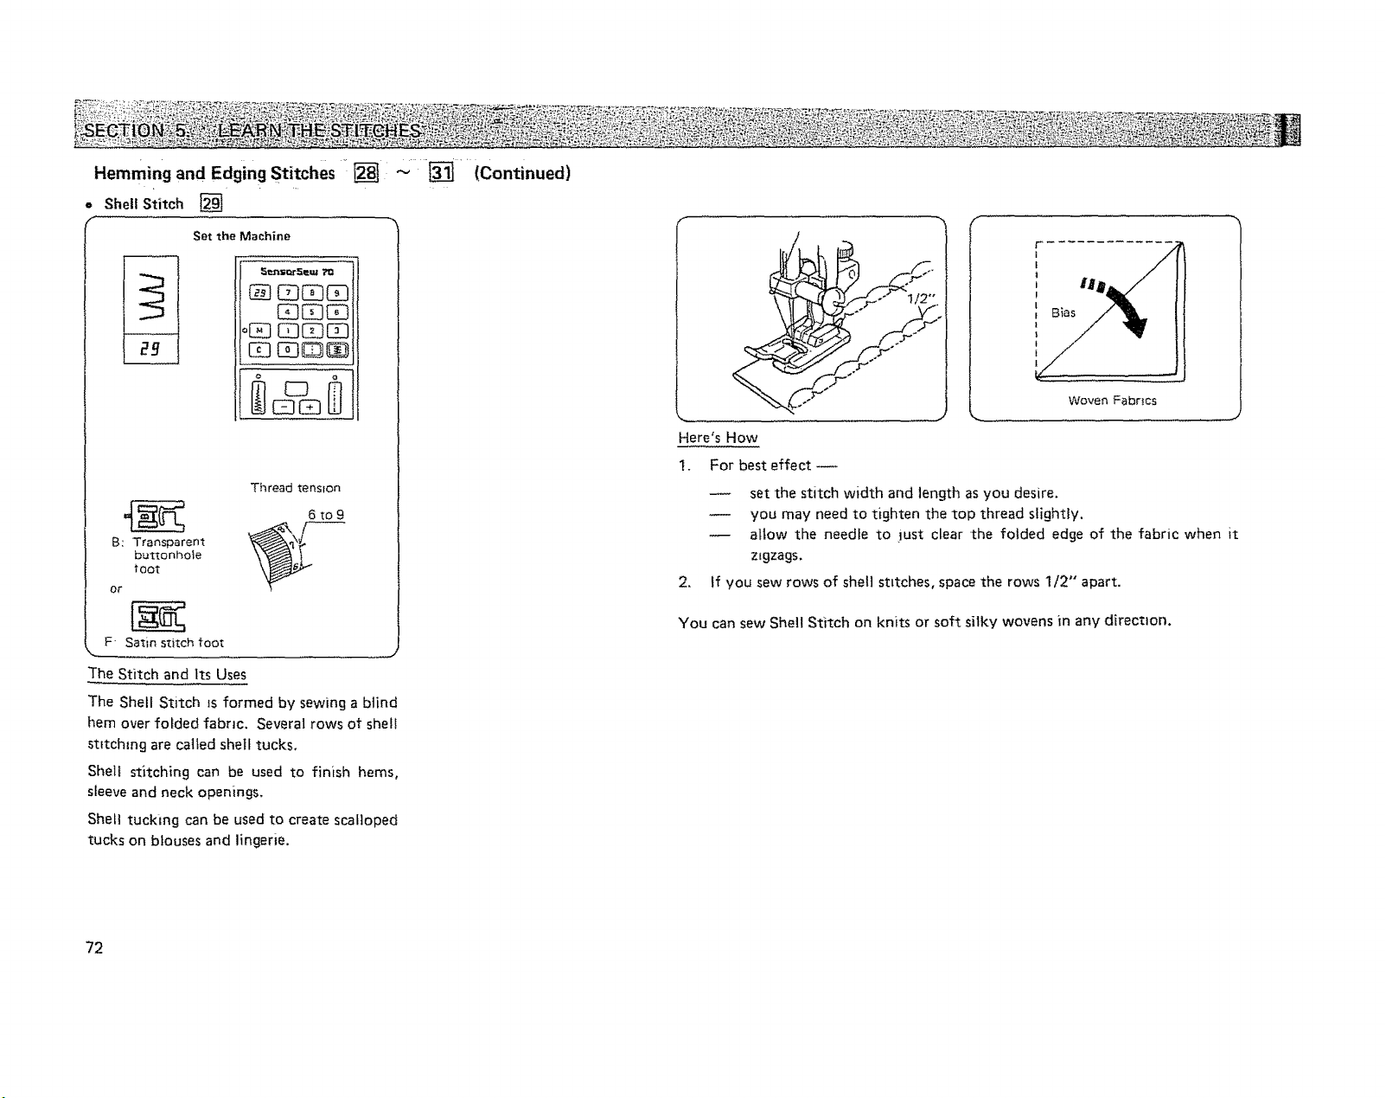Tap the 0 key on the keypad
pos(287,350)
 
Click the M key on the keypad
pos(259,331)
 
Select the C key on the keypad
pos(259,350)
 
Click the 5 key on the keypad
pos(312,312)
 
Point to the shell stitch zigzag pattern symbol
pos(150,296)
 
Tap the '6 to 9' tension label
pos(326,515)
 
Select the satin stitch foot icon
pos(157,616)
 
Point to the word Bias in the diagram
pos(1063,312)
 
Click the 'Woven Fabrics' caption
pos(1112,401)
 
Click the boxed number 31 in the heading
pos(442,173)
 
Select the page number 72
pos(94,947)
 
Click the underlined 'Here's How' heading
pos(719,438)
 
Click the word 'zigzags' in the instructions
pos(776,555)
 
